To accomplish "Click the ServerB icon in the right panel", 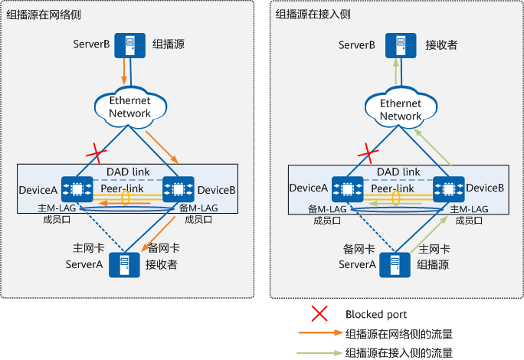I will point(396,45).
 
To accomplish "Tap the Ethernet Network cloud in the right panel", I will point(401,109).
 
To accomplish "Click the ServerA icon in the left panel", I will point(122,265).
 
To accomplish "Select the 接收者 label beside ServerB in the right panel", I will point(441,45).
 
